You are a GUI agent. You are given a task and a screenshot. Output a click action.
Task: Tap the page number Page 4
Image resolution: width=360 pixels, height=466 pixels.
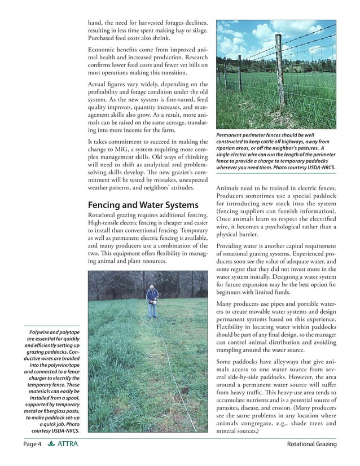pos(33,445)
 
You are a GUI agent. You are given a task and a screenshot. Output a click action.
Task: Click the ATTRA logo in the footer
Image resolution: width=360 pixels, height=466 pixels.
pos(63,445)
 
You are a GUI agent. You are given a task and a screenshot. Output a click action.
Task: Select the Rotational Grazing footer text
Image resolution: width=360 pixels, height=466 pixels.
pos(311,445)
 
